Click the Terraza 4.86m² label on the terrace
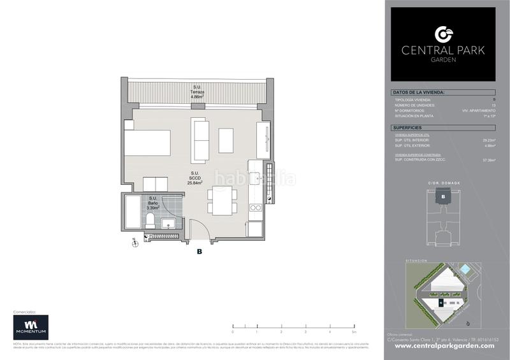pos(198,92)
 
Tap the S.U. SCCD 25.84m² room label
pos(194,178)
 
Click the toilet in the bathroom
pos(149,221)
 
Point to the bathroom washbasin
pos(168,222)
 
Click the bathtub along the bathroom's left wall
pos(133,212)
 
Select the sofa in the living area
pos(200,140)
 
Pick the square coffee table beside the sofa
pos(226,140)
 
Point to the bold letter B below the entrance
pos(200,252)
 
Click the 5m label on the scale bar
pos(353,332)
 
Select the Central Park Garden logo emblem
pos(442,34)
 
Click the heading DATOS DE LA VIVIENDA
pos(418,93)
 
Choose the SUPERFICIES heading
pos(408,128)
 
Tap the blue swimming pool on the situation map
pos(465,270)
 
